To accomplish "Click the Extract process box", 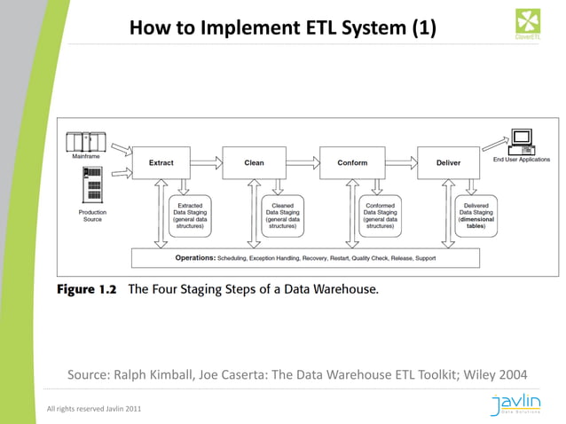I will click(x=161, y=163).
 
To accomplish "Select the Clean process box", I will click(x=254, y=163).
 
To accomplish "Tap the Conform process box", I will click(x=352, y=163).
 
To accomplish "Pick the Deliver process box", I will click(x=449, y=163).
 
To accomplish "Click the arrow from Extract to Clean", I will click(x=208, y=163).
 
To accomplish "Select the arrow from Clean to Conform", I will click(x=303, y=163).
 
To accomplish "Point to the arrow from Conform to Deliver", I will click(x=401, y=163).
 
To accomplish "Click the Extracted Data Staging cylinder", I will click(x=188, y=216).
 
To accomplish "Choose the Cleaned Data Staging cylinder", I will click(x=283, y=216).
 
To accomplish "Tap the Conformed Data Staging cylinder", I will click(x=381, y=216).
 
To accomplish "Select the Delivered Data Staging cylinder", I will click(x=476, y=216).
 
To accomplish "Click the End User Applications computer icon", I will click(x=521, y=139).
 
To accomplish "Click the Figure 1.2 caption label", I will click(x=87, y=289).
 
